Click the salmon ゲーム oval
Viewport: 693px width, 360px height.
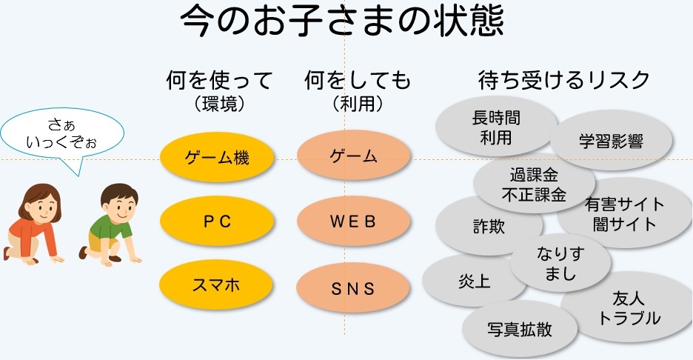tap(353, 157)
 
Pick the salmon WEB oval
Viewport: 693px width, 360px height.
tap(353, 221)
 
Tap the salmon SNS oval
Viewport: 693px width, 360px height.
tap(353, 286)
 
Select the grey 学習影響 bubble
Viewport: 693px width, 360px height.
tap(612, 140)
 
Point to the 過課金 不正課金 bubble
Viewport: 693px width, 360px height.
tap(534, 184)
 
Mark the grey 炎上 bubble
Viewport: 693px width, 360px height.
tap(461, 281)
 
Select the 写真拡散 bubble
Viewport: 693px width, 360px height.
tap(520, 328)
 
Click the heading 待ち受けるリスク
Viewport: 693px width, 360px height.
tap(564, 80)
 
